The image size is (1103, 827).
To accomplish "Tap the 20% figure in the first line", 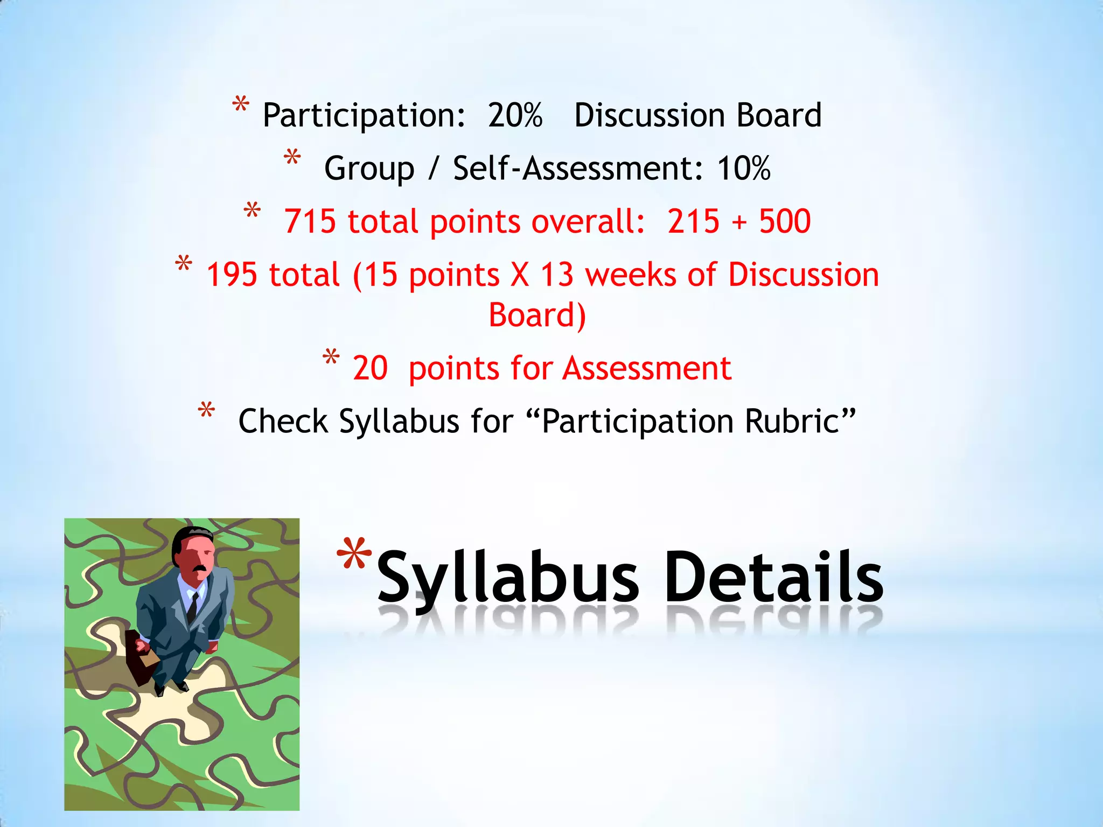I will (515, 116).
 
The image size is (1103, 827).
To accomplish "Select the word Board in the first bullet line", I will (779, 116).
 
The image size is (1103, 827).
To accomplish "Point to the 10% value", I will (744, 169).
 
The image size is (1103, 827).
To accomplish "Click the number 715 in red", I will (310, 221).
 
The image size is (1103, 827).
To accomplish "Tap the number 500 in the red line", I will (785, 221).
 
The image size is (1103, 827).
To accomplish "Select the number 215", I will (693, 221).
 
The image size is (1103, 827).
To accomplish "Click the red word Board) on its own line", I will (537, 315).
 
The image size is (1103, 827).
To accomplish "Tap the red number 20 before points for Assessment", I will (370, 369).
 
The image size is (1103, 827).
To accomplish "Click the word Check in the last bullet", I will (283, 421).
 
